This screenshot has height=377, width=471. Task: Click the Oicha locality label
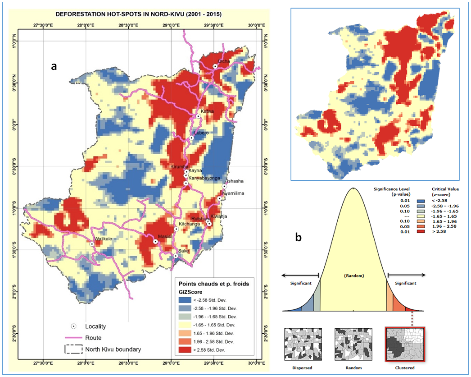(224, 61)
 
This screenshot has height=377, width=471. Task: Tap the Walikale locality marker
(92, 244)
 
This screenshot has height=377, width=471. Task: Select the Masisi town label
(163, 236)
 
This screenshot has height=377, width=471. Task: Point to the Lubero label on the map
(201, 133)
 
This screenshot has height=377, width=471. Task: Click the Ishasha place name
(235, 181)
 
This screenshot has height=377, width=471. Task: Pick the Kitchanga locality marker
(176, 229)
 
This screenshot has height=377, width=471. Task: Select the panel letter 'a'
(54, 66)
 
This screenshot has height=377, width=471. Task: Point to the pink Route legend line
(72, 337)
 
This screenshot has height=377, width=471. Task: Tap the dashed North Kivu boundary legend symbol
(72, 349)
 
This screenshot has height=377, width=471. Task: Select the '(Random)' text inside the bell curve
(353, 275)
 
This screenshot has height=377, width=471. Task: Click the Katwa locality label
(207, 111)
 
